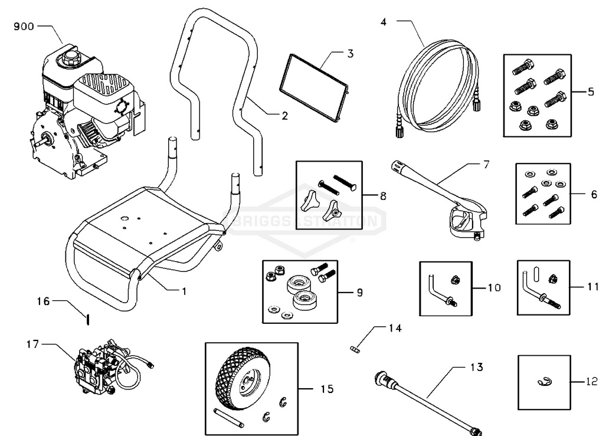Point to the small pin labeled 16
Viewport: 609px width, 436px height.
[87, 319]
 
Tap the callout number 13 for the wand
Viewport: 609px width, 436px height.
[477, 367]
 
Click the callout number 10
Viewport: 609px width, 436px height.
[493, 288]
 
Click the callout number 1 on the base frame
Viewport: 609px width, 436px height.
[184, 291]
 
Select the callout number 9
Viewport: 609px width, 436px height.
[359, 291]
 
